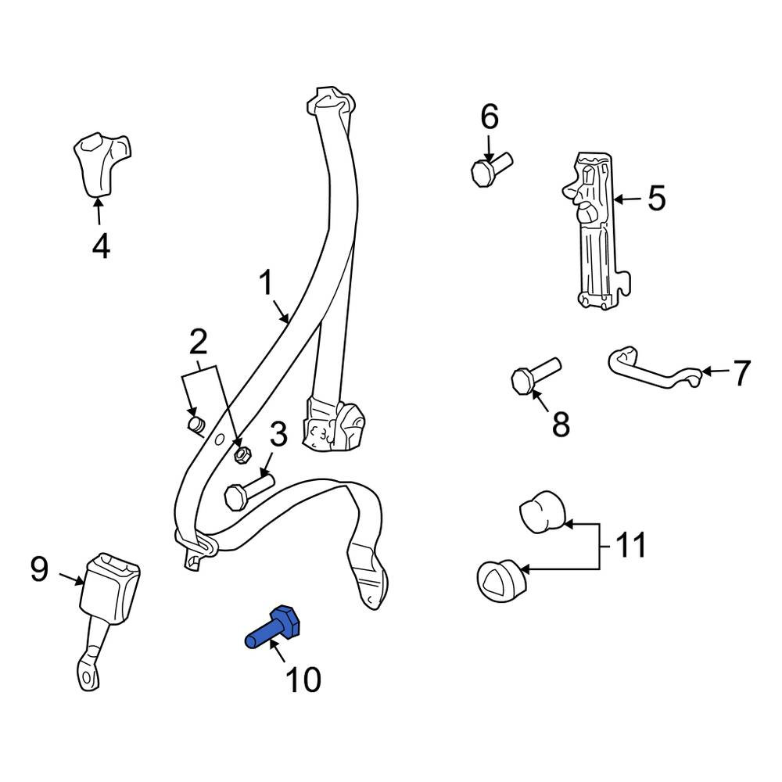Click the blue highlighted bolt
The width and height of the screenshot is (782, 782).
coord(273,628)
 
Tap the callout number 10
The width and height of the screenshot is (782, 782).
coord(303,680)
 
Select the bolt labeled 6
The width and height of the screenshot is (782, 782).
coord(491,170)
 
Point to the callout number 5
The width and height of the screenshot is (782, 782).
coord(656,199)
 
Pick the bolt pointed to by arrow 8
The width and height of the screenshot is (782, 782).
coord(536,375)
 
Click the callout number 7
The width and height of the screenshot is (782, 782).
coord(741,373)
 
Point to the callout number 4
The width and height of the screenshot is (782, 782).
coord(101,246)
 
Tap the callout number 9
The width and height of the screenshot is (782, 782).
coord(39,569)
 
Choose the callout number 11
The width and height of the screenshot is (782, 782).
coord(631,545)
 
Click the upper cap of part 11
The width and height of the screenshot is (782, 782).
coord(542,512)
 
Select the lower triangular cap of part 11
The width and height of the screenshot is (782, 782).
coord(500,582)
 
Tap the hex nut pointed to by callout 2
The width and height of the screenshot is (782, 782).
coord(242,454)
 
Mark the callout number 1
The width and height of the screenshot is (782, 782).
coord(267,283)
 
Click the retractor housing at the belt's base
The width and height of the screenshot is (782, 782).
coord(333,424)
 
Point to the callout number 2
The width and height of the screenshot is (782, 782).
coord(198,342)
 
